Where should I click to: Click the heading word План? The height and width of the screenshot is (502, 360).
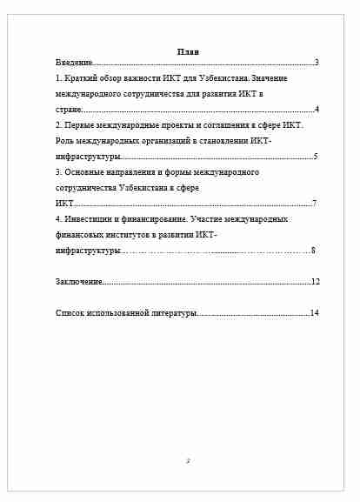click(x=188, y=53)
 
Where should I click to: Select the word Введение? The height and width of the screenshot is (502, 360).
click(x=73, y=64)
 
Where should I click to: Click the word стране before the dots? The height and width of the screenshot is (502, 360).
click(x=69, y=110)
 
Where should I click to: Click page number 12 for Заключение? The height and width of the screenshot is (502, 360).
click(x=316, y=282)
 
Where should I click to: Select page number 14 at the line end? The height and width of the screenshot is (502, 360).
click(x=316, y=313)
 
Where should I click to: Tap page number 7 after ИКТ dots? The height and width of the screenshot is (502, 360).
click(x=314, y=204)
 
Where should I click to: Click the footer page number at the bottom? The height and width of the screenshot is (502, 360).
click(x=188, y=461)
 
